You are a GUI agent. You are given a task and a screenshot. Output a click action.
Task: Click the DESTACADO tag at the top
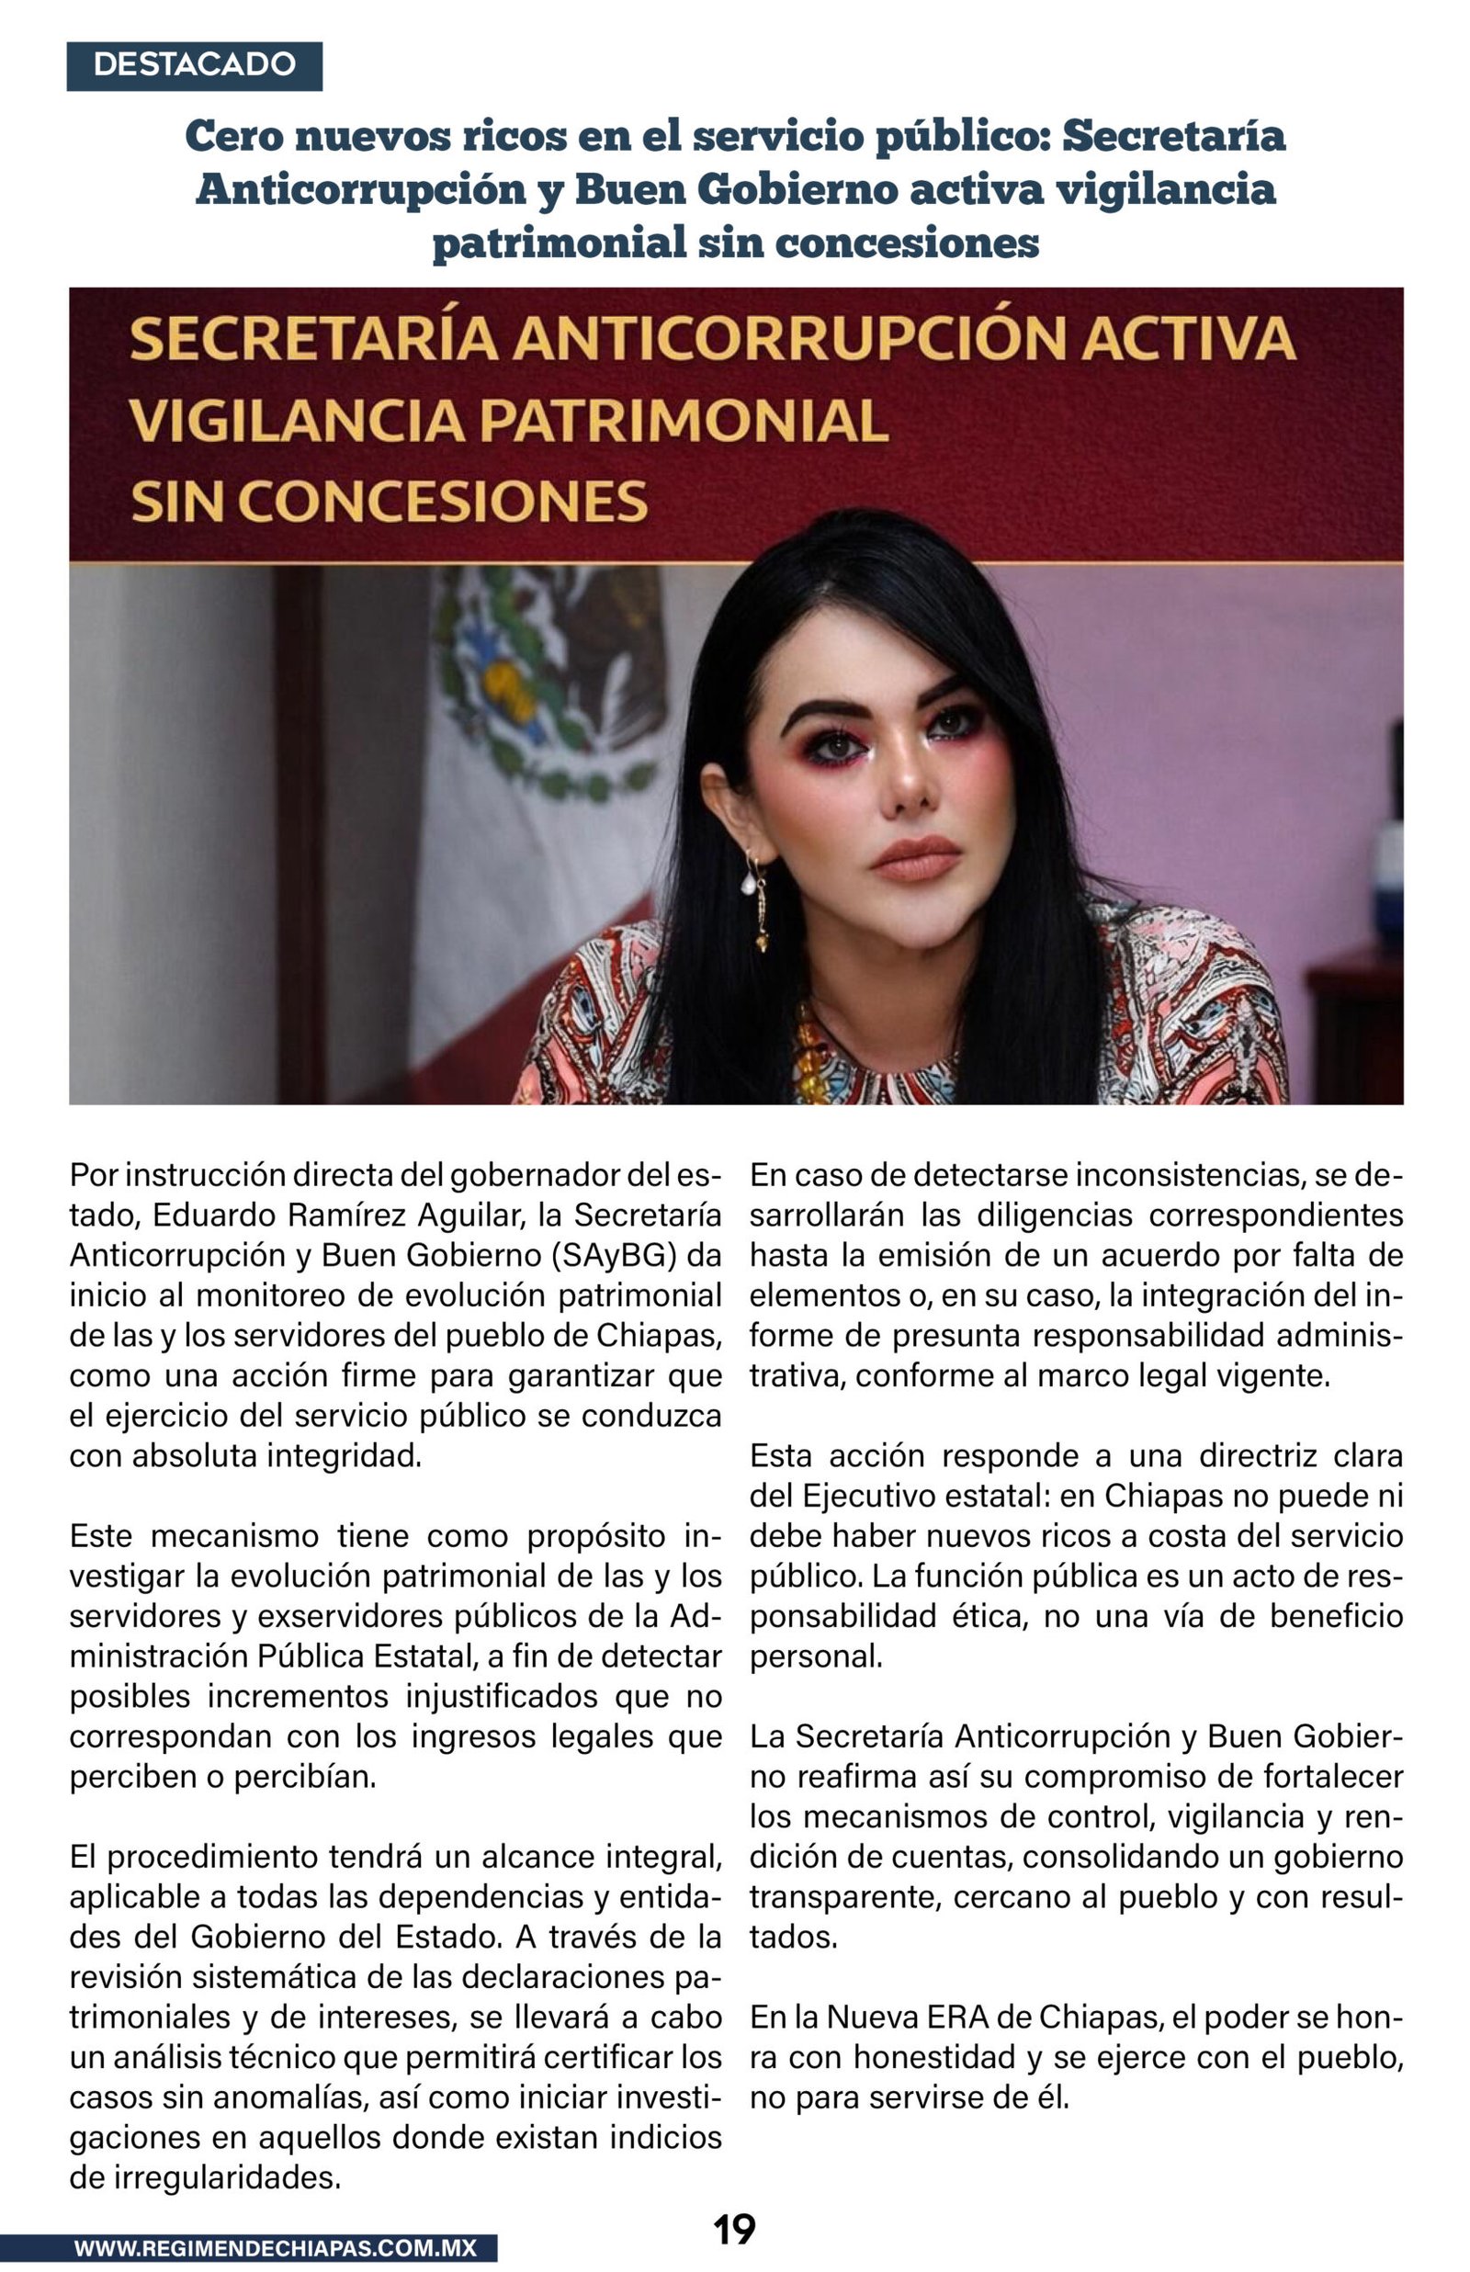click(194, 65)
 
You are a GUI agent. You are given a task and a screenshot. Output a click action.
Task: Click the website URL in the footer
click(275, 2248)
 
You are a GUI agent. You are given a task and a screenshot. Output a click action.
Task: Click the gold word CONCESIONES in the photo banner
click(443, 503)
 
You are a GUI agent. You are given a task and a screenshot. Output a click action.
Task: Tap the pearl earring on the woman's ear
click(751, 883)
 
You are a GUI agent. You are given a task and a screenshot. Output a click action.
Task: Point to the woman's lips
click(916, 858)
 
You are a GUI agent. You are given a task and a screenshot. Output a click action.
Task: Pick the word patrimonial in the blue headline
click(559, 243)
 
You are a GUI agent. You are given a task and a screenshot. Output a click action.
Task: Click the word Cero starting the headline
click(233, 137)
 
